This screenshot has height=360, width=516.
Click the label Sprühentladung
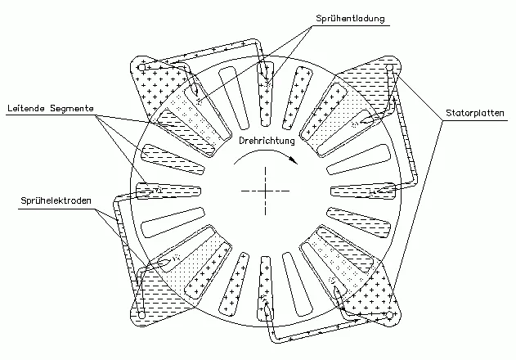tap(350, 19)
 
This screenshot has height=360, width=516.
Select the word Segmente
tap(72, 108)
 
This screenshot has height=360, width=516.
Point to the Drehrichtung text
tap(267, 141)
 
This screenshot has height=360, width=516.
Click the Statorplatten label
tap(475, 113)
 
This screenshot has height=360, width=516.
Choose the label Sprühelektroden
tap(56, 200)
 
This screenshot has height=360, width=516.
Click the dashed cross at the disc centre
tap(265, 191)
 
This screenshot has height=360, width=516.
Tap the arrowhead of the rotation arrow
tap(294, 160)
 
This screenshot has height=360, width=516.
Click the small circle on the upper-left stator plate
tap(141, 68)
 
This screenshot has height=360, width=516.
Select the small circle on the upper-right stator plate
tap(389, 68)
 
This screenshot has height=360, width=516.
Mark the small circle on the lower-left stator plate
tap(141, 315)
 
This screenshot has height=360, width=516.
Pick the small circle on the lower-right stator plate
tap(389, 315)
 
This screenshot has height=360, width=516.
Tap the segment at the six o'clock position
tap(266, 289)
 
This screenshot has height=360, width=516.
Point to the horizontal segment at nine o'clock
tap(168, 191)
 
